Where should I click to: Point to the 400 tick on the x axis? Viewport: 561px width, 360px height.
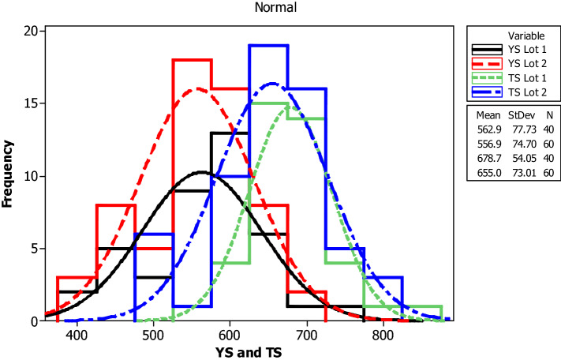77,333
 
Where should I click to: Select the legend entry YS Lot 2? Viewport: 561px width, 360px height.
527,64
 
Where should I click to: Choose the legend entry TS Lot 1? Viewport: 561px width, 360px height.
527,78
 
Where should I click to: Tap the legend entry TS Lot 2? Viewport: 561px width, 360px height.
527,92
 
